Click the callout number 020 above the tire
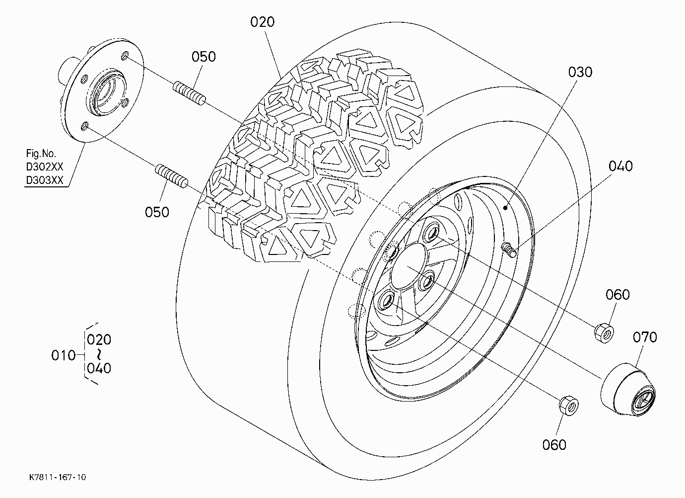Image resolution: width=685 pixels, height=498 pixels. pos(263,22)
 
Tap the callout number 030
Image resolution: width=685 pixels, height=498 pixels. pos(580,72)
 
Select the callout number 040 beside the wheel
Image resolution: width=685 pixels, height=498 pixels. pos(620,166)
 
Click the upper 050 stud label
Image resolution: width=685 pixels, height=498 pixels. pos(204,57)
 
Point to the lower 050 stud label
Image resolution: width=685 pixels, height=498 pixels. pos(157,212)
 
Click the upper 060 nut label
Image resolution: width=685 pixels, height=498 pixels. pos(617,295)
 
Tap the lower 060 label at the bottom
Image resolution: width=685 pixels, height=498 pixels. pos(554,445)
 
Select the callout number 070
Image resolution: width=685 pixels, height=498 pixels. pos(645,337)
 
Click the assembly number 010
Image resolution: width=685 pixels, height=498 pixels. pos(64,355)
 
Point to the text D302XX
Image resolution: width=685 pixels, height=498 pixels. pos(45,167)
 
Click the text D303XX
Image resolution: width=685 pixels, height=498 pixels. pos(45,180)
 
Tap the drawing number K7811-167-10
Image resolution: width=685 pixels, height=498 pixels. pos(58,477)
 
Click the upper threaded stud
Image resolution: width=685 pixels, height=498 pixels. pos(189,94)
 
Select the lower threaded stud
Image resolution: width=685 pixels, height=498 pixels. pos(172,176)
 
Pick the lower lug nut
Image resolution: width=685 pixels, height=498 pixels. pos(569,407)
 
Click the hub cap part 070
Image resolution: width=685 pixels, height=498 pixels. pos(628,389)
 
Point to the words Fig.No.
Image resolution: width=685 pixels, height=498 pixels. pos(41,153)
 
